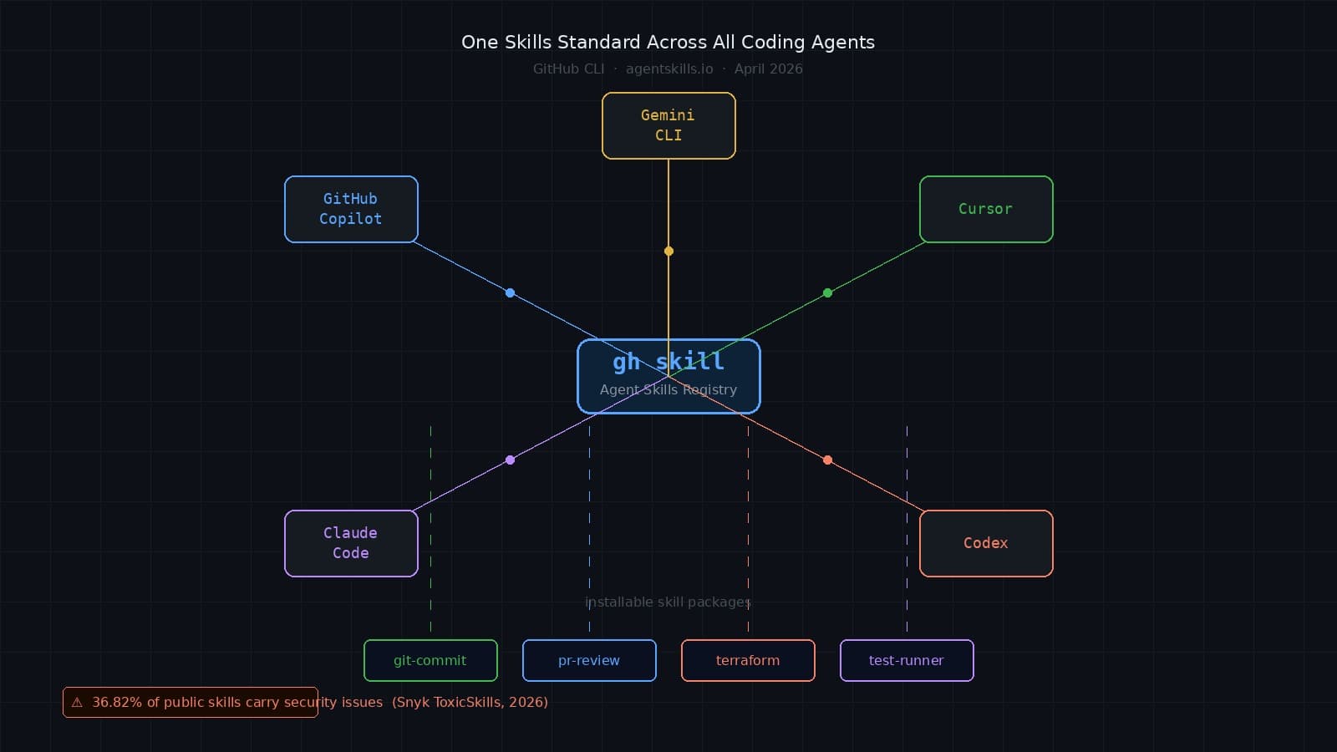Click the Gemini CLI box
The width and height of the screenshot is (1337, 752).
pos(668,125)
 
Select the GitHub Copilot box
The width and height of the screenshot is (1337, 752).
pos(351,209)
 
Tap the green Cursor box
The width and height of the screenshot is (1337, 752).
pos(986,209)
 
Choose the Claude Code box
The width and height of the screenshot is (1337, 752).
pos(351,543)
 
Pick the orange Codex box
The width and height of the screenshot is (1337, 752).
pos(986,543)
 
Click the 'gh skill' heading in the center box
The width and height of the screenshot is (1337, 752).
pos(668,362)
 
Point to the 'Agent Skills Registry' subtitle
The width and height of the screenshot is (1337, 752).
pos(668,389)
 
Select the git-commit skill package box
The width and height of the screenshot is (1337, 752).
pos(430,660)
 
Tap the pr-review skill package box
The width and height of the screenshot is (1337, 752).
pos(589,660)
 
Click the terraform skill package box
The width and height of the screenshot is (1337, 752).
pos(748,660)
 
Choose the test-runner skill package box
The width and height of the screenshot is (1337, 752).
pos(907,660)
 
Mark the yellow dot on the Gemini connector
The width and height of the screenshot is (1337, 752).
pos(668,251)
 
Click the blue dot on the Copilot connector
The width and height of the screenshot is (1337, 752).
pos(510,292)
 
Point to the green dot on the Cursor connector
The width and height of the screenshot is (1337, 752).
pos(827,292)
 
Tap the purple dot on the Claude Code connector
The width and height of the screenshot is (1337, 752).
pos(510,460)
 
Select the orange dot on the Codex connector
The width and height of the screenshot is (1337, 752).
pos(827,460)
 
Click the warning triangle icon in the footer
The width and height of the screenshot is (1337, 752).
pos(77,703)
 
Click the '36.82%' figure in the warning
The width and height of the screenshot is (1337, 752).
pos(117,702)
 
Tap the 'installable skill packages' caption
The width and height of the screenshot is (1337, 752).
pos(668,602)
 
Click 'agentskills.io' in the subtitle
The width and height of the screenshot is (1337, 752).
pos(669,69)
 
